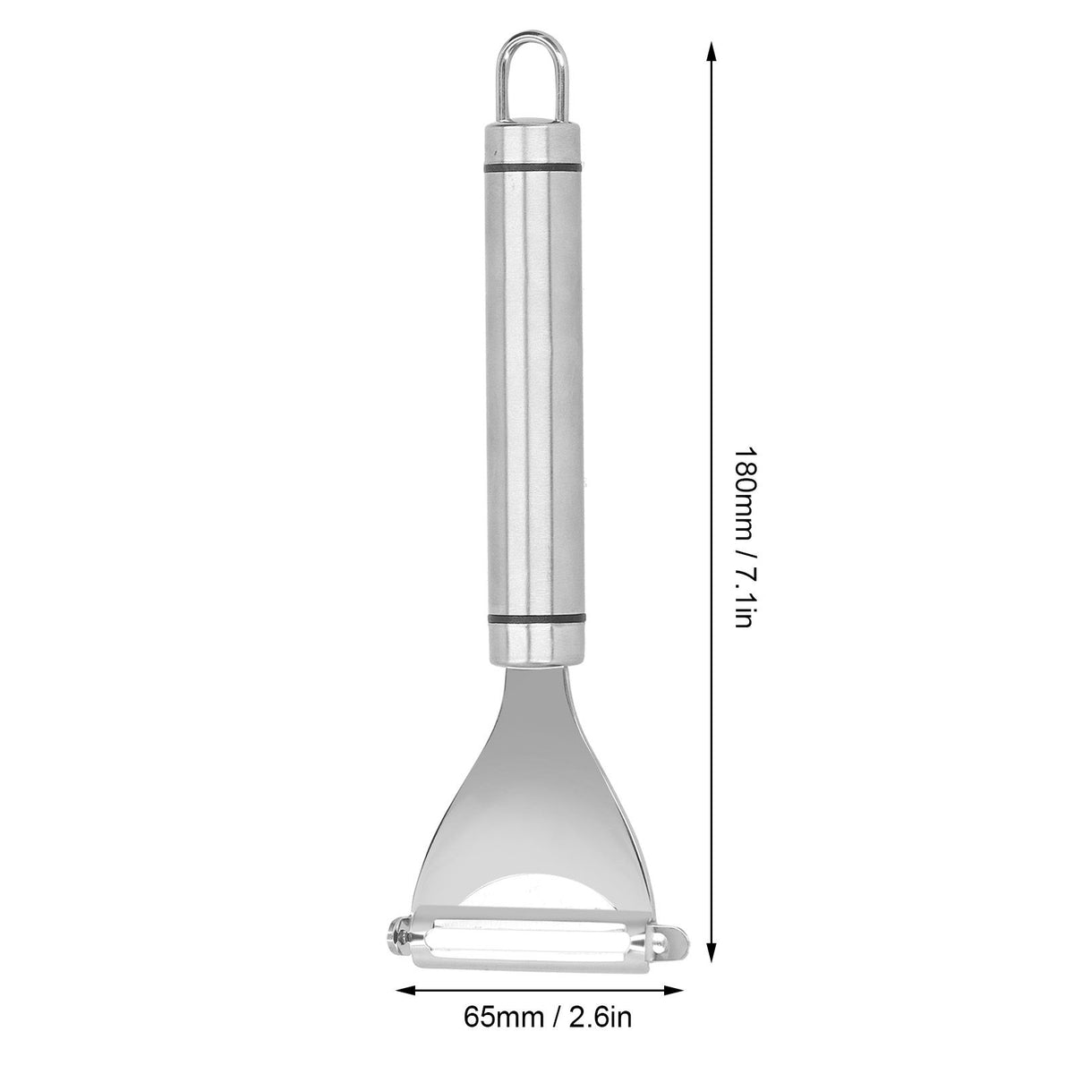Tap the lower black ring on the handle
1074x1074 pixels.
coord(537,618)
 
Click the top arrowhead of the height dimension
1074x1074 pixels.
coord(712,54)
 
